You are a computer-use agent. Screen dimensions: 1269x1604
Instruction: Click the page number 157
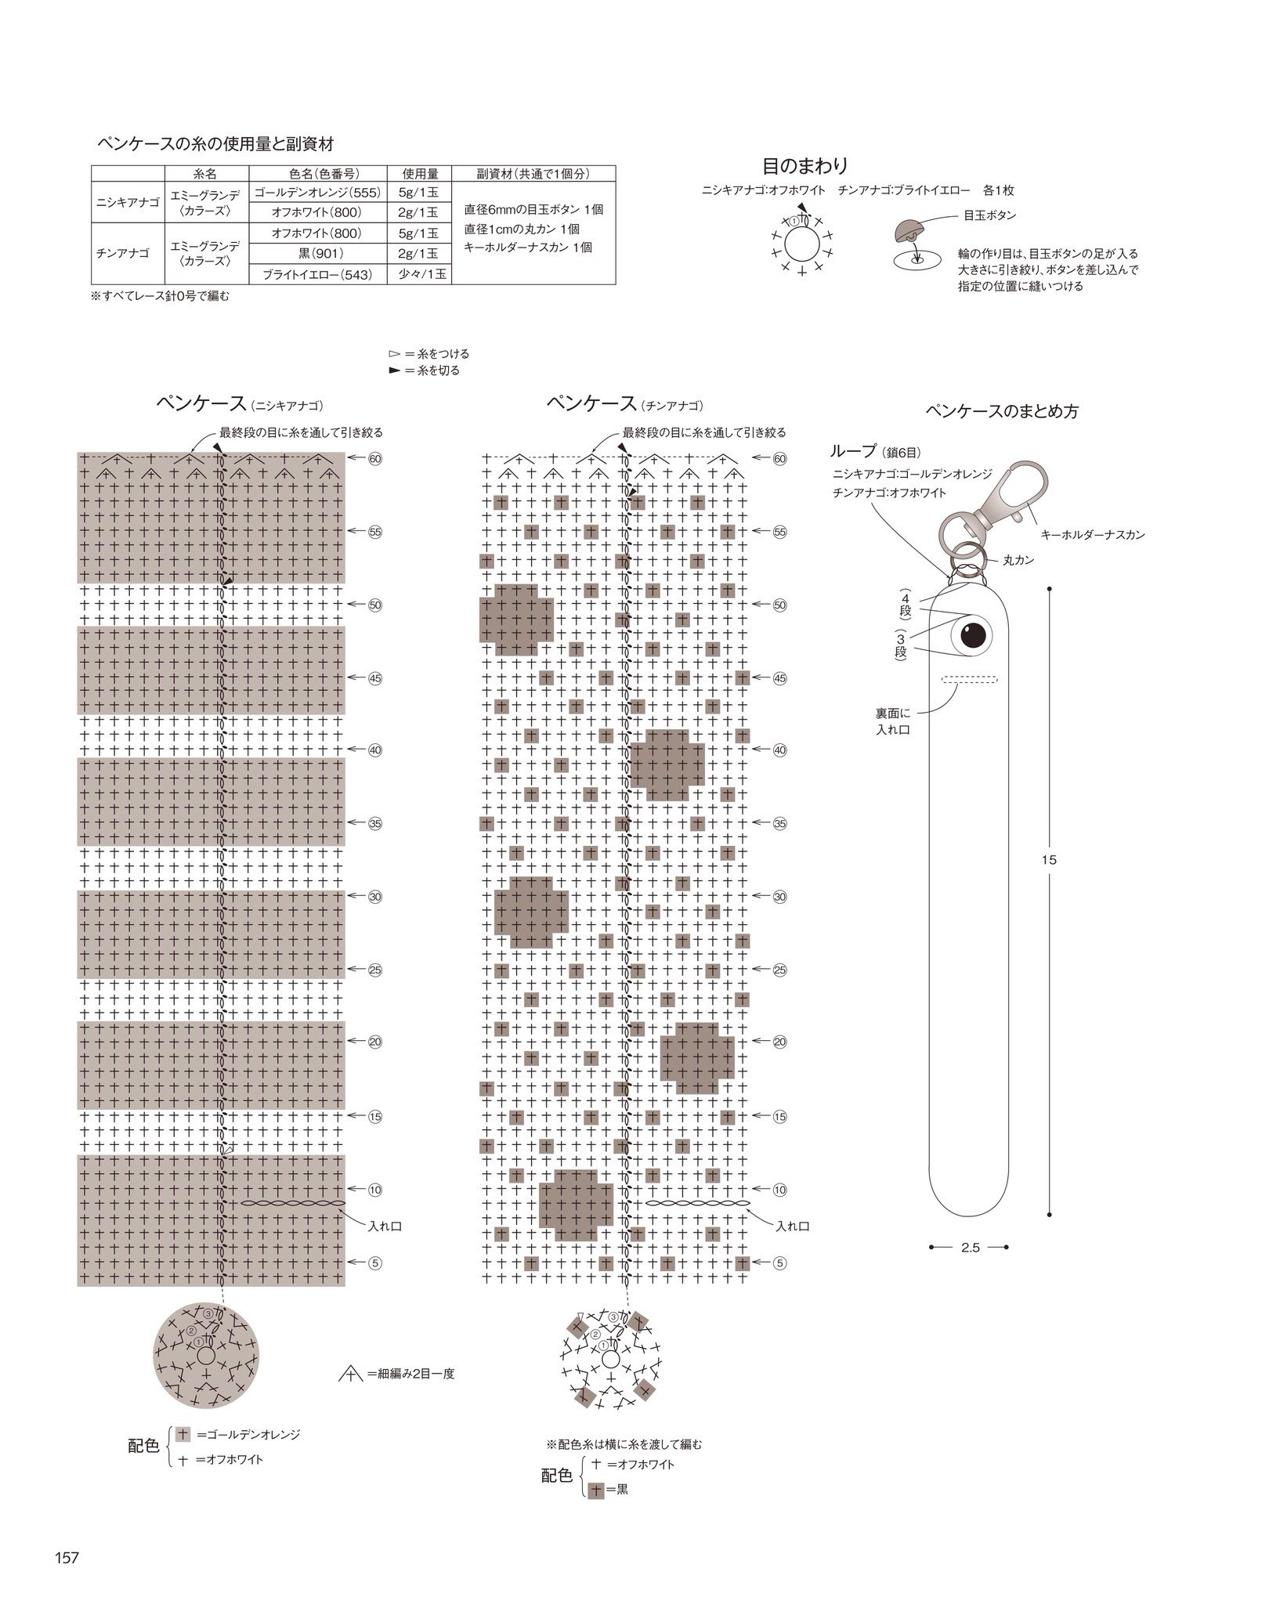tap(67, 1558)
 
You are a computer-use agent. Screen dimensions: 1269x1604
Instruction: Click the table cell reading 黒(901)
tap(318, 253)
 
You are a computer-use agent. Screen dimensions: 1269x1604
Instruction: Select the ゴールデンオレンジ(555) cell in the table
tap(318, 193)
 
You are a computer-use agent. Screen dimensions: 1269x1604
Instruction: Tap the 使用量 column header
tap(419, 174)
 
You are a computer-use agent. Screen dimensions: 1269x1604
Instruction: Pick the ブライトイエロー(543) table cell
tap(318, 274)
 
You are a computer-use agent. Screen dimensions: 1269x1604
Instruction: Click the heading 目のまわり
tap(805, 166)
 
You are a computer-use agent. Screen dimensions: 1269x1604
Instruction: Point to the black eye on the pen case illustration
tap(974, 633)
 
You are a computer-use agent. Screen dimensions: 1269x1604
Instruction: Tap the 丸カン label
tap(1018, 561)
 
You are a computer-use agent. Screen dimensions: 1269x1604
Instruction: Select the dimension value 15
tap(1050, 860)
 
